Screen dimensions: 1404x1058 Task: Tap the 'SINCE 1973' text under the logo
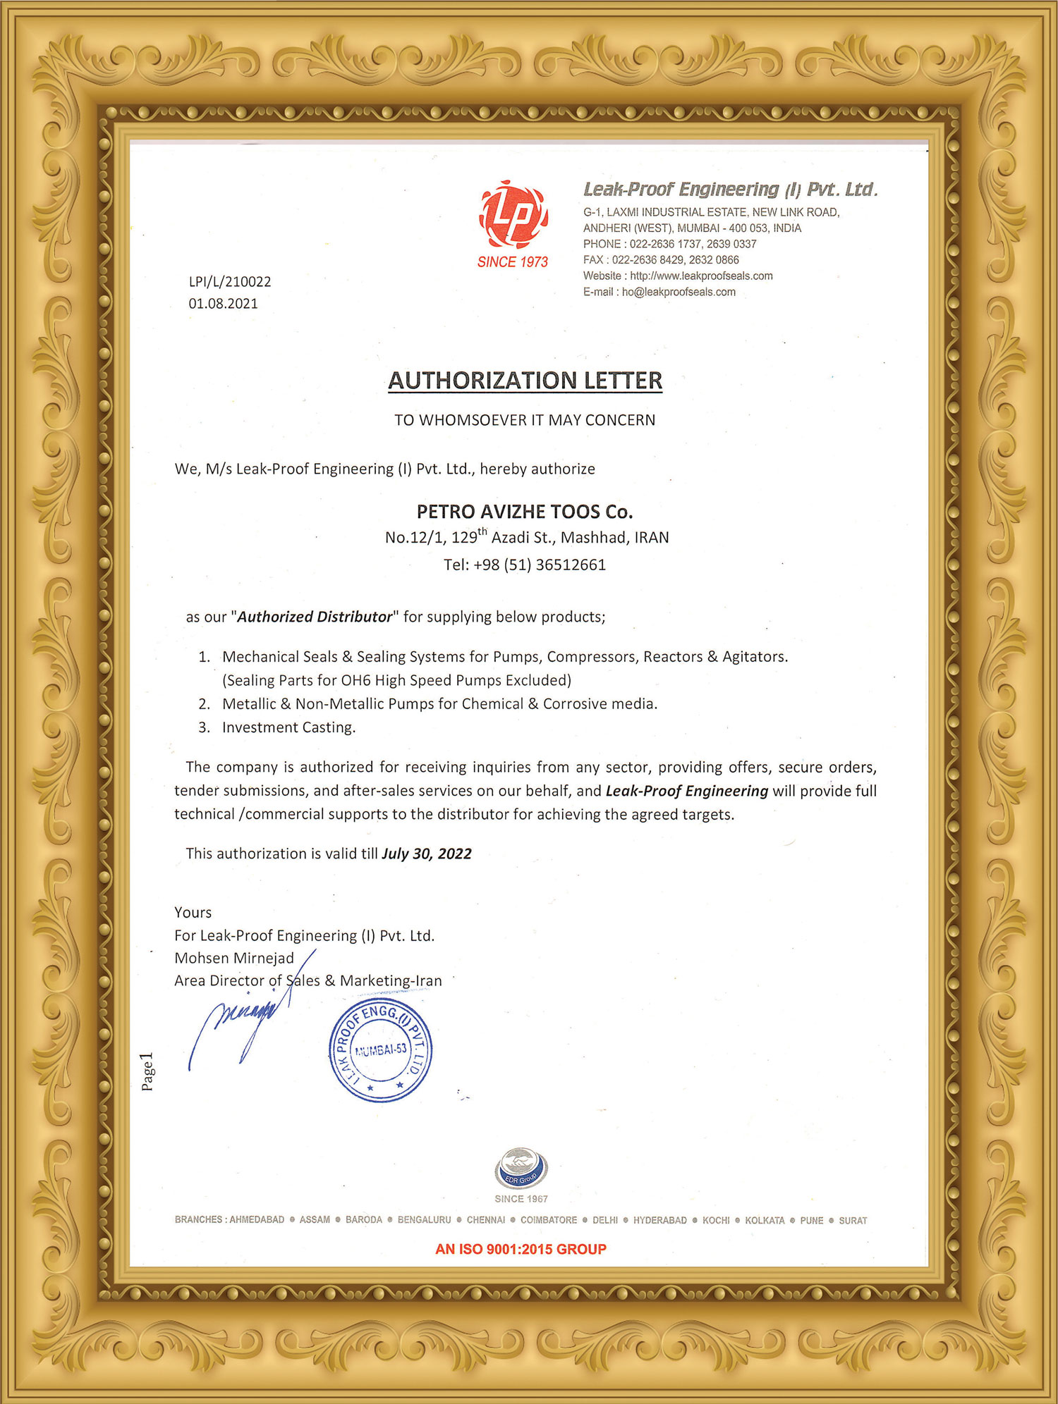tap(513, 262)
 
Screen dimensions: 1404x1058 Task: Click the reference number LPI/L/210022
tap(230, 282)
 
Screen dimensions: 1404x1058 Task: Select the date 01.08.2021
tap(223, 304)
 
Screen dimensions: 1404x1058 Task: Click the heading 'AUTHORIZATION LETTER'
tap(525, 381)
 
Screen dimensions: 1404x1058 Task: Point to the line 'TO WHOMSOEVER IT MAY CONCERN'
tap(525, 420)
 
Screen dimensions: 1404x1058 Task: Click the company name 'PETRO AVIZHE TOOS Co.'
tap(525, 512)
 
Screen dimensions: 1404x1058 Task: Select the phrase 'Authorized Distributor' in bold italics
tap(315, 617)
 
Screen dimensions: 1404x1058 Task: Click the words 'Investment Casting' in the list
tap(288, 727)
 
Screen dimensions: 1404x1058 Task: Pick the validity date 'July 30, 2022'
tap(427, 854)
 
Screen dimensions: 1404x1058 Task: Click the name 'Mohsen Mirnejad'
tap(234, 959)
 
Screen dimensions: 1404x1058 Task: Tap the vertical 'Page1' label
tap(147, 1072)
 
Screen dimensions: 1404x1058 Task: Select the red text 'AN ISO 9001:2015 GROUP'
tap(521, 1250)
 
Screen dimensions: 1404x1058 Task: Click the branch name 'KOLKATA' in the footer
tap(765, 1221)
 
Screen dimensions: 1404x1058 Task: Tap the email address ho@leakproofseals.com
tap(679, 292)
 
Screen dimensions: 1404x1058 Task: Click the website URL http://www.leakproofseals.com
tap(701, 276)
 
